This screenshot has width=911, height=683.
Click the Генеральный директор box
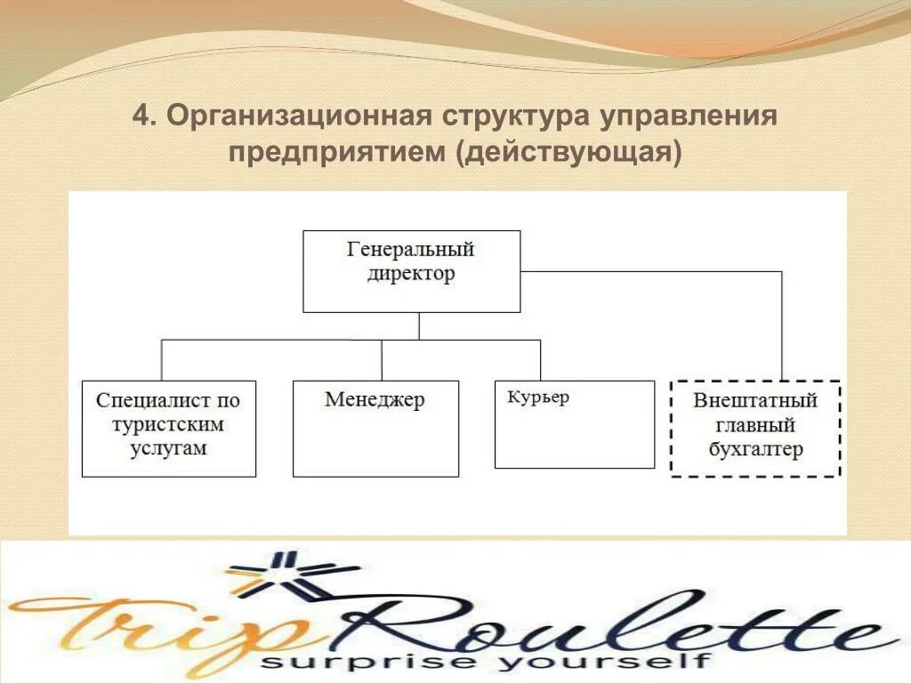[411, 271]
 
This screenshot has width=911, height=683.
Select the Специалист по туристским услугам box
[168, 429]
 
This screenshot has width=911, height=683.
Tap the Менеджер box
[375, 429]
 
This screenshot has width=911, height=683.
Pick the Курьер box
[574, 424]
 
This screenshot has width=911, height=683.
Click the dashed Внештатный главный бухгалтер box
[755, 429]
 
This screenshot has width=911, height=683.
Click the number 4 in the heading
[140, 117]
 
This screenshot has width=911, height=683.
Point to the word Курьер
[538, 398]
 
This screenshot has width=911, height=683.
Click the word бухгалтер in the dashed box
[755, 449]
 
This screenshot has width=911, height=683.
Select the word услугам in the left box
[167, 448]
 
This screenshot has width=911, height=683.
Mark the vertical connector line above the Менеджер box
[382, 360]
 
